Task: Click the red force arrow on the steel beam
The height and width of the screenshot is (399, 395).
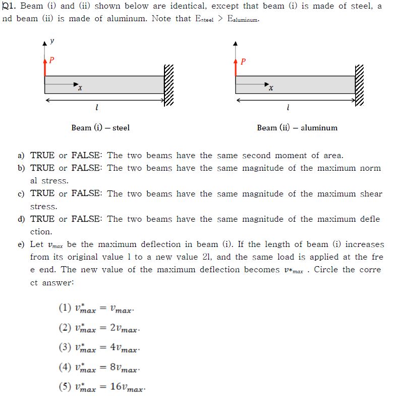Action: [45, 67]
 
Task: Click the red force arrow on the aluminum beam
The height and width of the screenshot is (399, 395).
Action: [236, 67]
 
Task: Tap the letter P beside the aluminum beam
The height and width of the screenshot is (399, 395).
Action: [243, 62]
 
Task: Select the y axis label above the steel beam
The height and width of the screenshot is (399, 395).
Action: [52, 40]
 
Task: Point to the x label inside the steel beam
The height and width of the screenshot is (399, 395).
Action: [80, 89]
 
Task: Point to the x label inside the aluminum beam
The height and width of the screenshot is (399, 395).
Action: [271, 89]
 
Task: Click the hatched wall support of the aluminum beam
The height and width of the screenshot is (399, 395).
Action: [359, 85]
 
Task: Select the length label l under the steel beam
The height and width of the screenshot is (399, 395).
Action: [96, 108]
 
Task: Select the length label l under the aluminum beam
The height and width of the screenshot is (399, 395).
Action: [287, 108]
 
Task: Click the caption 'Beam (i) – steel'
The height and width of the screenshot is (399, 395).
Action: [100, 128]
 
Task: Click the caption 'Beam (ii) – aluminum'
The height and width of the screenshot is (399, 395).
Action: [297, 128]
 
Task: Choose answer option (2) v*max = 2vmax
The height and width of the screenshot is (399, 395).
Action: [98, 328]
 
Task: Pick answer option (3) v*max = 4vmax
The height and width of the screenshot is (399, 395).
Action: [98, 348]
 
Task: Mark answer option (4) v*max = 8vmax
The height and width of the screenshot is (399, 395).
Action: [98, 368]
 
